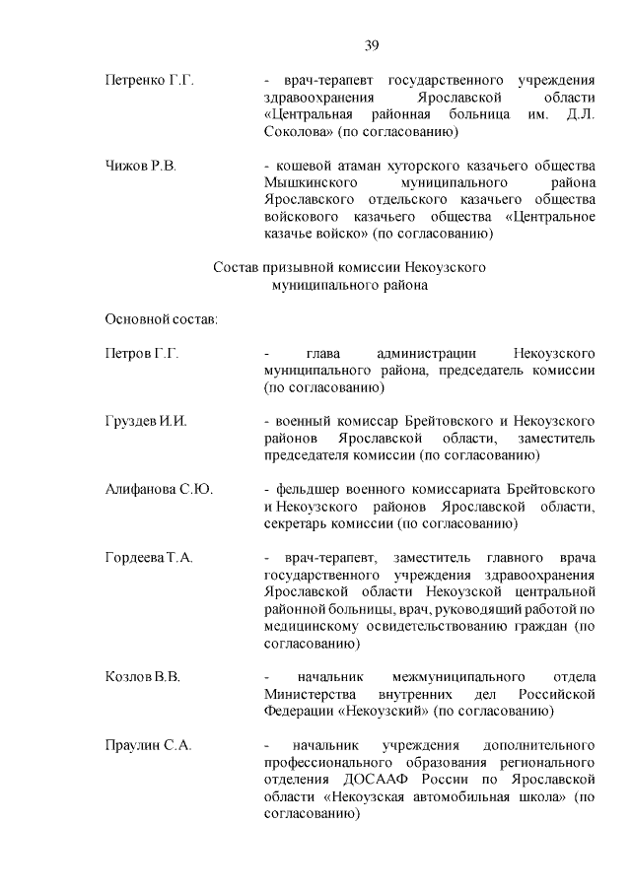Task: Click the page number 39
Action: coord(372,44)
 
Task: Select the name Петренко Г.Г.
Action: coord(149,79)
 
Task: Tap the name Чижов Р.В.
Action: coord(141,165)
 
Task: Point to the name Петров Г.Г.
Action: coord(141,353)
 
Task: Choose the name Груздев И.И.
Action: coord(146,421)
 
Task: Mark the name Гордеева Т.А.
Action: coord(149,558)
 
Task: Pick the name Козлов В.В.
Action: coord(142,677)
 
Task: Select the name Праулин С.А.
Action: coord(148,745)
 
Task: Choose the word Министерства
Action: coord(316,694)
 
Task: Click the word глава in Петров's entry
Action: coord(322,353)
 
